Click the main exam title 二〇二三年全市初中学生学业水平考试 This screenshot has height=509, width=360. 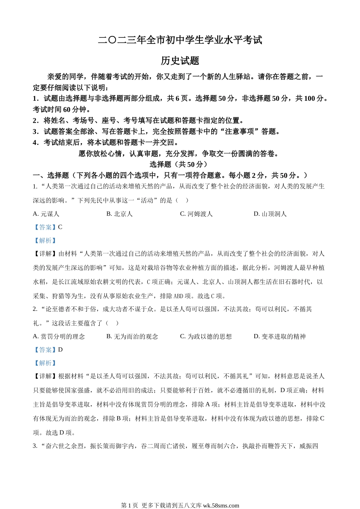pyautogui.click(x=180, y=40)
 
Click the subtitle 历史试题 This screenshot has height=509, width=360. pyautogui.click(x=180, y=61)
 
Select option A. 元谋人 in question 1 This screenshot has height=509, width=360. pyautogui.click(x=46, y=214)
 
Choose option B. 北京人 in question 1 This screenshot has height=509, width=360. pyautogui.click(x=119, y=214)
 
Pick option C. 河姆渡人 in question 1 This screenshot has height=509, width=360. pyautogui.click(x=196, y=214)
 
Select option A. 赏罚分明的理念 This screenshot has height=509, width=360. pyautogui.click(x=59, y=336)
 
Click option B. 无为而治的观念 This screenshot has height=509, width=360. pyautogui.click(x=132, y=336)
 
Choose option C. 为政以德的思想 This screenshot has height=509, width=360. pyautogui.click(x=206, y=336)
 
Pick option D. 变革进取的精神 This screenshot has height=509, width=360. pyautogui.click(x=280, y=336)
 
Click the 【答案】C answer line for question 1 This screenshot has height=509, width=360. pyautogui.click(x=48, y=227)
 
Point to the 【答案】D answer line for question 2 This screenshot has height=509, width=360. pyautogui.click(x=48, y=350)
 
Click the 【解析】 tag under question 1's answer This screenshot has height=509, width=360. pyautogui.click(x=45, y=240)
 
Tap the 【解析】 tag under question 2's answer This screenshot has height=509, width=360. pyautogui.click(x=45, y=363)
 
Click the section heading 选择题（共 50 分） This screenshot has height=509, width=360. pyautogui.click(x=178, y=164)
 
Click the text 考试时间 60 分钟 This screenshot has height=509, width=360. pyautogui.click(x=62, y=109)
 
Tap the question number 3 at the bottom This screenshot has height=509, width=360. pyautogui.click(x=35, y=446)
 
